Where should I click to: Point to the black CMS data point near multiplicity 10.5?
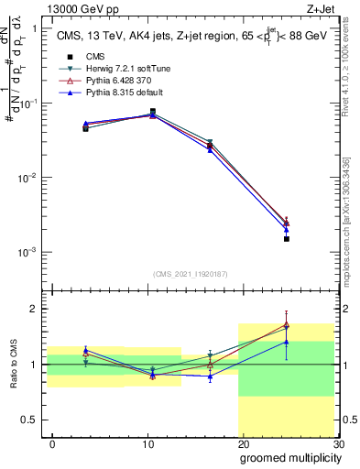152,112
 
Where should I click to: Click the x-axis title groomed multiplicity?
289,457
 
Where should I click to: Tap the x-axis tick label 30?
338,443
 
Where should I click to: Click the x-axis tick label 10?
147,443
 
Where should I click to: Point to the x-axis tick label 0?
52,443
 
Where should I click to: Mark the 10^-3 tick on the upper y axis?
27,252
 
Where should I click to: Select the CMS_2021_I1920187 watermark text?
190,273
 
